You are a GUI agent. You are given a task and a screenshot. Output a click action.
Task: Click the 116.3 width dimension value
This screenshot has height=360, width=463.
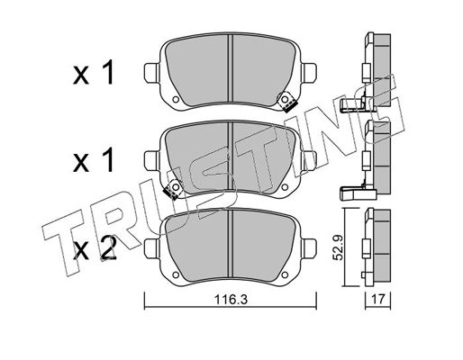tap(231, 299)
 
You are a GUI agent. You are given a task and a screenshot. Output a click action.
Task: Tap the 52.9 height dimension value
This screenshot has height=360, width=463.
tap(339, 247)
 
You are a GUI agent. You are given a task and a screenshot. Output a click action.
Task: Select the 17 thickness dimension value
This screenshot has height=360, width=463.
tap(378, 299)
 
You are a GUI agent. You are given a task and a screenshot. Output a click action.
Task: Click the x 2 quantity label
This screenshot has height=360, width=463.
tap(95, 247)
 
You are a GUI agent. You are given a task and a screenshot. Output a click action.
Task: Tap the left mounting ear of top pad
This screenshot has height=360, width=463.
tap(151, 73)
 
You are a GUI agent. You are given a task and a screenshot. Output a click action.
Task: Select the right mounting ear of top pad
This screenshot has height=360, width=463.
tap(309, 73)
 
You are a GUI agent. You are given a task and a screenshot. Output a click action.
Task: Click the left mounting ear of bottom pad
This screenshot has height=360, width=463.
tap(151, 248)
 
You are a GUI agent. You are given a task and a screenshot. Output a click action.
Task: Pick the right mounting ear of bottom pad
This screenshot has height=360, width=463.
tap(309, 248)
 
